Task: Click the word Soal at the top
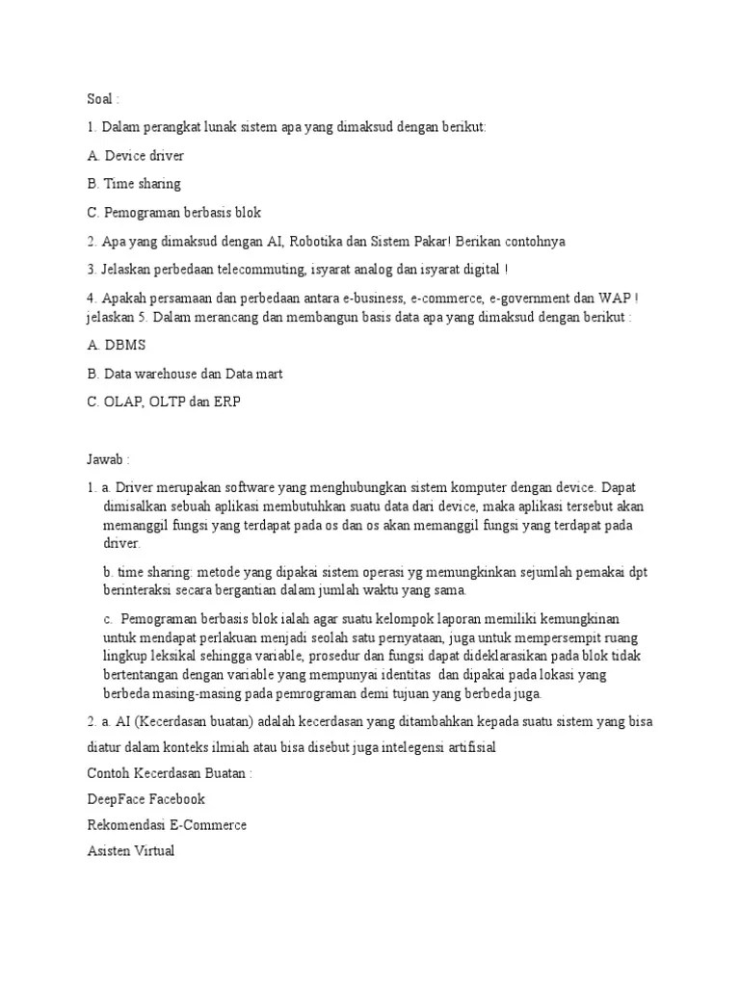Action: (x=100, y=99)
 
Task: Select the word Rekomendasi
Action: (x=128, y=825)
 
